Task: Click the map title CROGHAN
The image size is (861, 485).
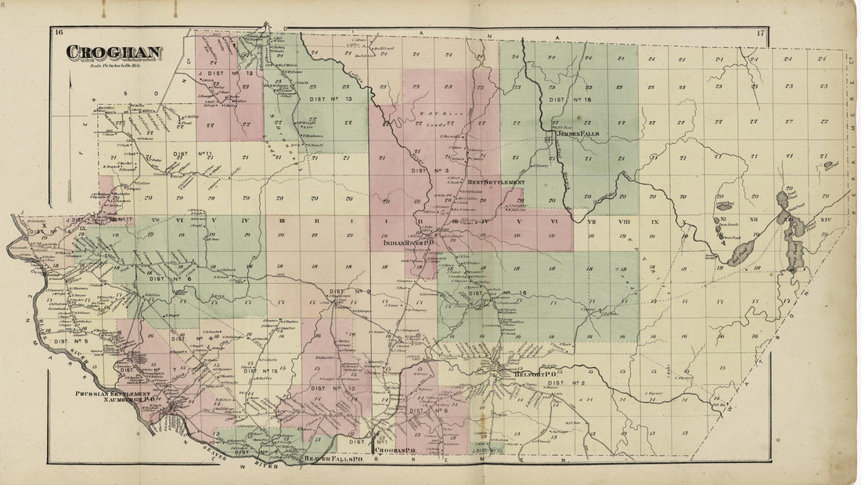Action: click(113, 52)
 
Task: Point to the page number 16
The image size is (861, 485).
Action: click(58, 32)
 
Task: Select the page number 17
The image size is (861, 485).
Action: click(760, 32)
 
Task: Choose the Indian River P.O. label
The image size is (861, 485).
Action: click(409, 243)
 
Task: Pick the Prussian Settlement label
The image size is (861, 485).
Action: click(112, 393)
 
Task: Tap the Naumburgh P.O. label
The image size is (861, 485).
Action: click(118, 400)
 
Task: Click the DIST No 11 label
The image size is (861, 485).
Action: click(193, 154)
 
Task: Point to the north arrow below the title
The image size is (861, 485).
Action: click(72, 81)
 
